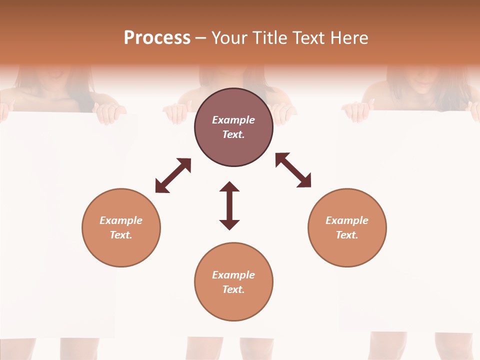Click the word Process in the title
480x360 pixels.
point(157,38)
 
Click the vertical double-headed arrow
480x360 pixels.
point(229,205)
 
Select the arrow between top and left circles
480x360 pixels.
point(173,175)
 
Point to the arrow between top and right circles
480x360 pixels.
point(293,170)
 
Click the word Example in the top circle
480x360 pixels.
point(233,120)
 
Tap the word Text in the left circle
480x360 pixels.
point(121,235)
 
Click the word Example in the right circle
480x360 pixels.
point(347,220)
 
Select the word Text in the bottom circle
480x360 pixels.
point(233,289)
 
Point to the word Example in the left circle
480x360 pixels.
point(121,220)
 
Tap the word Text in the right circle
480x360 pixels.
point(347,235)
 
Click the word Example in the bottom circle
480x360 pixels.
point(233,275)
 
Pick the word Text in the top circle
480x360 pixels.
point(233,134)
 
